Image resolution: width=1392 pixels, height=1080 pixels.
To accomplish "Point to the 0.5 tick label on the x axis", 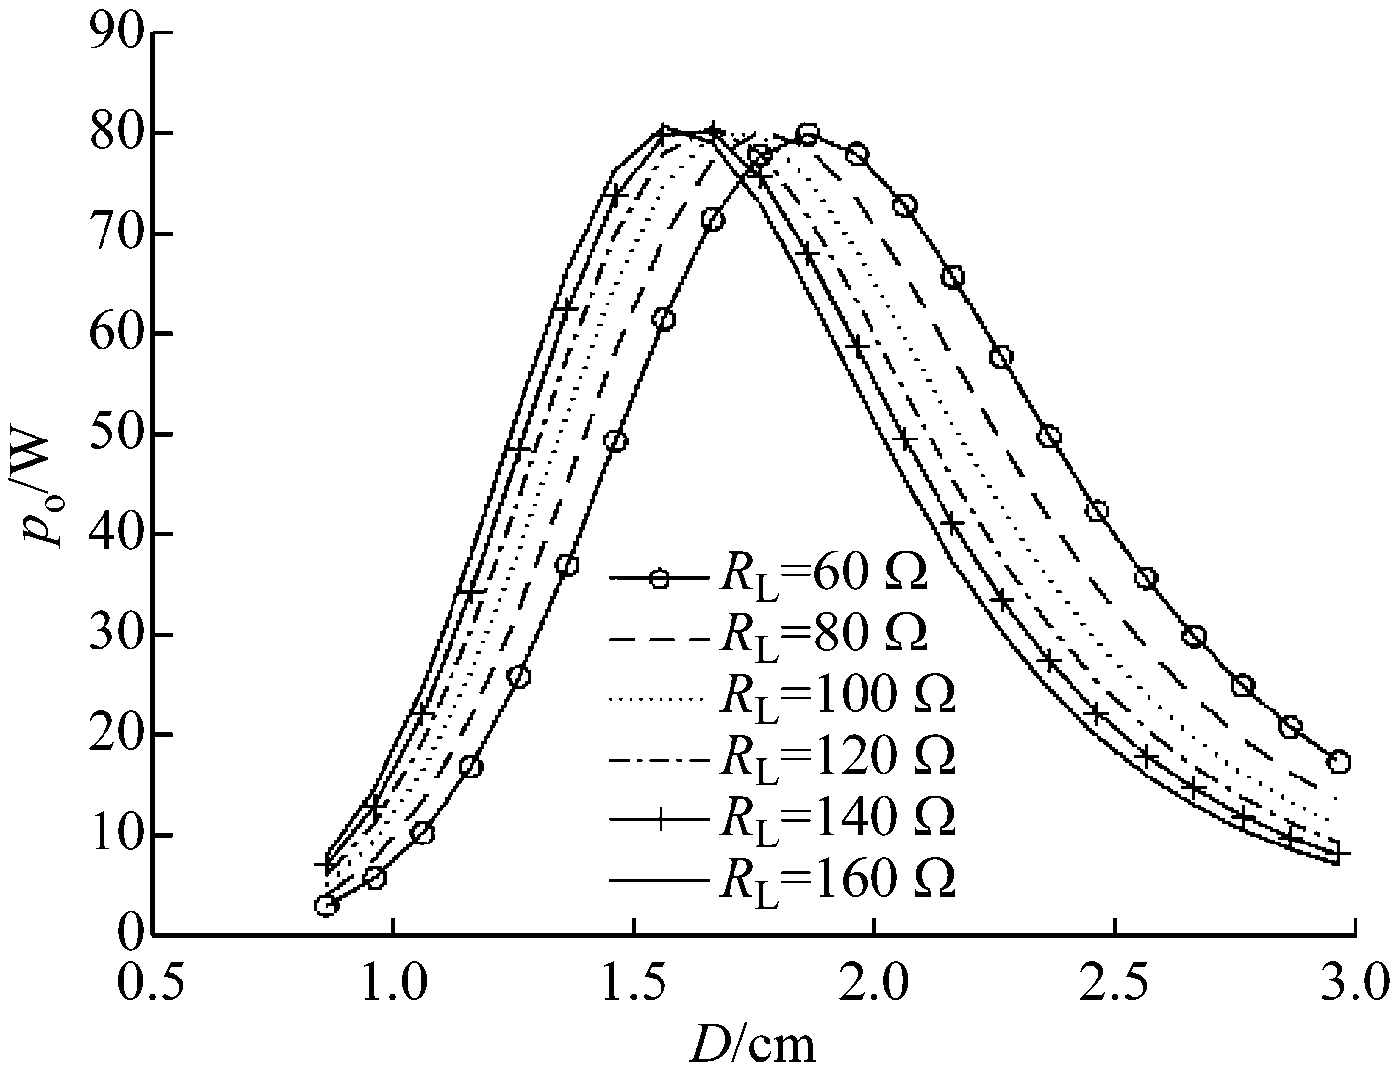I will (155, 983).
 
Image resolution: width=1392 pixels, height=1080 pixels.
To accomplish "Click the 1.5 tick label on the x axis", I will (634, 983).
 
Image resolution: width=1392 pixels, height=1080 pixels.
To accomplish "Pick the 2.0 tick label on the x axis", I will (874, 983).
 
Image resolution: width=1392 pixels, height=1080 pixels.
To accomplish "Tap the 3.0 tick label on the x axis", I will (1354, 983).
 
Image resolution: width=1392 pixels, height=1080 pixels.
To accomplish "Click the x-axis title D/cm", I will (752, 1045).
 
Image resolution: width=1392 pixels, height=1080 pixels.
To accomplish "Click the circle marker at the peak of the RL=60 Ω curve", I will (807, 135).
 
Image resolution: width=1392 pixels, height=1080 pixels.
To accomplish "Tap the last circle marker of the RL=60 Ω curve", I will (1338, 761).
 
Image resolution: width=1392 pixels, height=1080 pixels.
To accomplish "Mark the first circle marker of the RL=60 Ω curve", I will (326, 906).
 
